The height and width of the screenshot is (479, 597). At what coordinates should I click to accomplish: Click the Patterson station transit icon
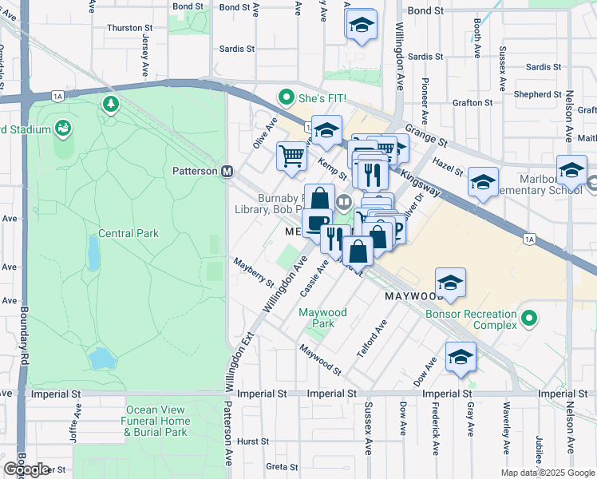click(x=227, y=171)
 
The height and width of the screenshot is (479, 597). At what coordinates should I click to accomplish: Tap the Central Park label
click(x=128, y=234)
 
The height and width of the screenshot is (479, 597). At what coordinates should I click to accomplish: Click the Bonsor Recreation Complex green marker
click(x=527, y=319)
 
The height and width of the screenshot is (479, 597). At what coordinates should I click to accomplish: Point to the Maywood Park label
click(x=322, y=319)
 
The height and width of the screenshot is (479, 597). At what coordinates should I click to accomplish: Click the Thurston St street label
click(x=124, y=27)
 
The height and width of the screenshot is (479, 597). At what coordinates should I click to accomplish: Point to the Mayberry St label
click(x=253, y=272)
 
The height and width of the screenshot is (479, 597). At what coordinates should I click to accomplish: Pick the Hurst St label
click(x=252, y=441)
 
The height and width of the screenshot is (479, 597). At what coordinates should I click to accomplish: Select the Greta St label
click(x=282, y=466)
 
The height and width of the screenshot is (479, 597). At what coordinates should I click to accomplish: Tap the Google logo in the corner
click(x=26, y=469)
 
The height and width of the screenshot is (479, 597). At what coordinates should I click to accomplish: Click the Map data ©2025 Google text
click(x=548, y=472)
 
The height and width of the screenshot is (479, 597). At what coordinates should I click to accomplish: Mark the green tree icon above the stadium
click(x=110, y=104)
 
